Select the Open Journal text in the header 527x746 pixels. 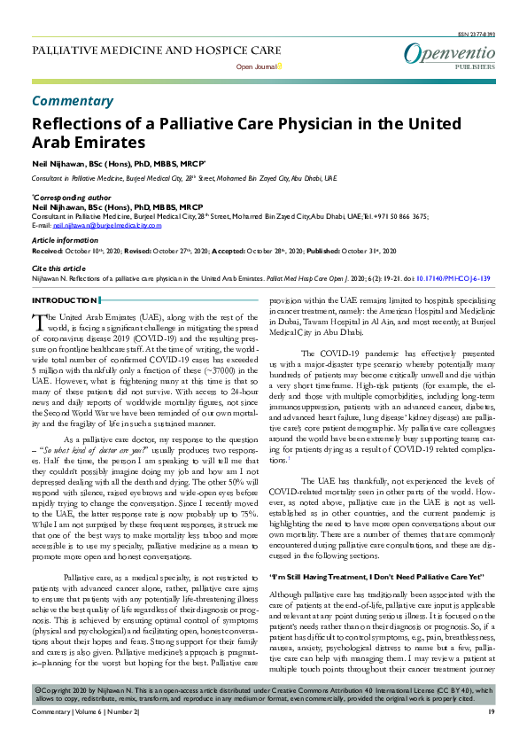tap(255, 66)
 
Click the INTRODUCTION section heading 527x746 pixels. tap(65, 302)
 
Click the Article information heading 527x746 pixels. tap(66, 240)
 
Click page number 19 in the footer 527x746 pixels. tap(491, 735)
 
